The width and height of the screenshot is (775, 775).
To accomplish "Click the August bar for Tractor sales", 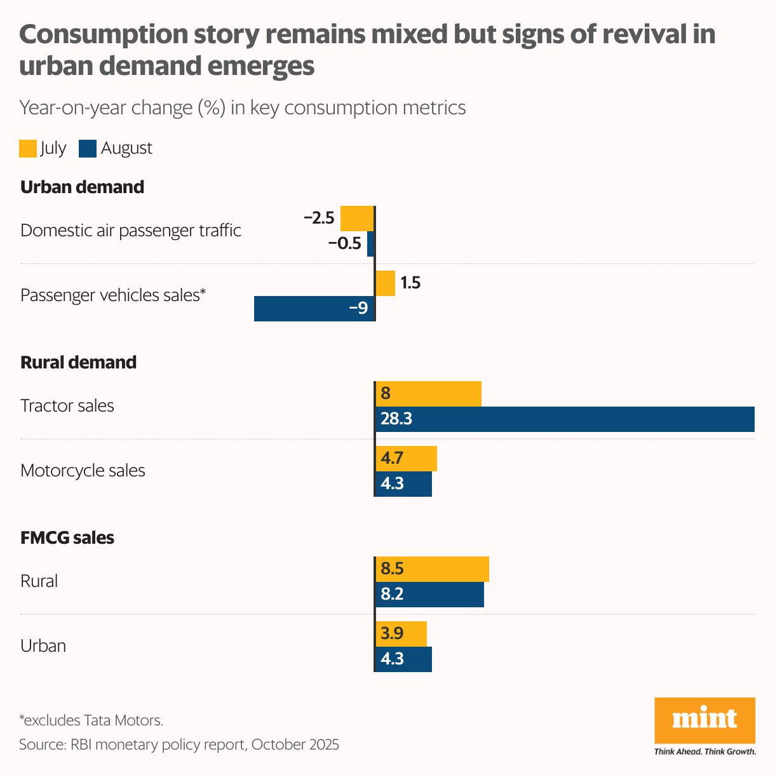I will [565, 419].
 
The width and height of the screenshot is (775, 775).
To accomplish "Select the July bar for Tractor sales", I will [428, 394].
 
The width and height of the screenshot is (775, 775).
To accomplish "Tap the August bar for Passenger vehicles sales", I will [314, 309].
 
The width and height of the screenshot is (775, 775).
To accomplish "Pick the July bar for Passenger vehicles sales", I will [385, 283].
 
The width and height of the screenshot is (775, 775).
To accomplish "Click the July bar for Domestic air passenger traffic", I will [357, 219].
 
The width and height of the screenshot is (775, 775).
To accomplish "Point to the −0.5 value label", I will [344, 243].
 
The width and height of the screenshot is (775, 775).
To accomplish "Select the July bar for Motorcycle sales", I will [406, 459].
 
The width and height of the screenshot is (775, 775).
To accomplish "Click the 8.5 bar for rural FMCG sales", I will [432, 569].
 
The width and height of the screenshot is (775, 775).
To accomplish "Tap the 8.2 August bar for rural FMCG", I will [429, 595].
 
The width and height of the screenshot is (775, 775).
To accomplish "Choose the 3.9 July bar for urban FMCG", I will [401, 634].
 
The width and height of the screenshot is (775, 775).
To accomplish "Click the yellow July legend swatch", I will [28, 149].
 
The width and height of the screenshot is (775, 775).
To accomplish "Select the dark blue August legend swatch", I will [88, 149].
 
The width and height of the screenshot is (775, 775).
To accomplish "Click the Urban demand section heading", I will [82, 187].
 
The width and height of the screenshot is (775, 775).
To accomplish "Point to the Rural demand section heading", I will [78, 363].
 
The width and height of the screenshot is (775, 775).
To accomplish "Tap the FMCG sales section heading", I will [67, 538].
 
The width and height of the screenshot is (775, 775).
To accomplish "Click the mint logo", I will [704, 721].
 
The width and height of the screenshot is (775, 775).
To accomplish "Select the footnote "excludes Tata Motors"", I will [91, 720].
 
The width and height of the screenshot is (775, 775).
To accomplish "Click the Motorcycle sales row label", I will [83, 471].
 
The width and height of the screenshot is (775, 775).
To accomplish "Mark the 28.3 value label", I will [396, 419].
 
